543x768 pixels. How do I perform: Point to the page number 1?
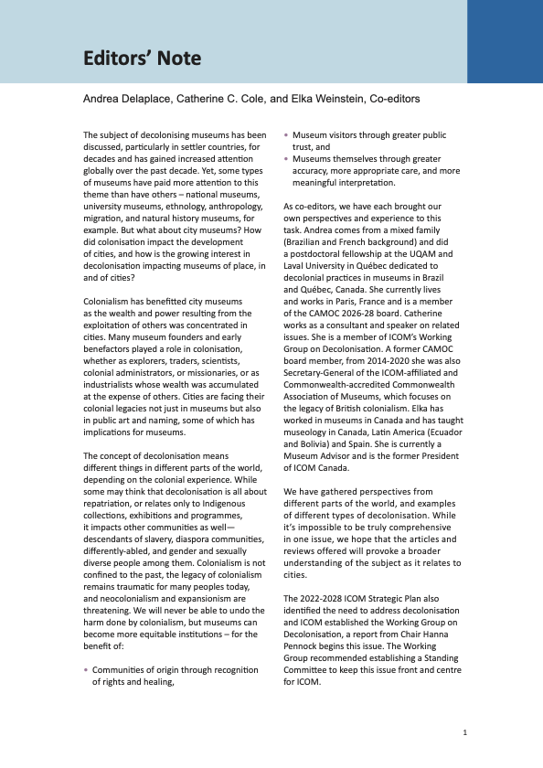pos(465,733)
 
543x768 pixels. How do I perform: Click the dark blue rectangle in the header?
pos(505,41)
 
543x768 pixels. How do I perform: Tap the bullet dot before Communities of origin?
pos(85,670)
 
